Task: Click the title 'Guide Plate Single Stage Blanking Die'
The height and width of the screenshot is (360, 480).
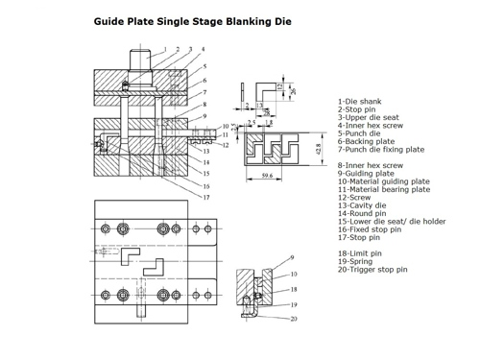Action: pyautogui.click(x=192, y=22)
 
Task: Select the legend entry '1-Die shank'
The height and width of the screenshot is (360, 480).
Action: pyautogui.click(x=359, y=102)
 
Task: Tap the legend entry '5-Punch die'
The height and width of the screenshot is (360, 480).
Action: pyautogui.click(x=359, y=133)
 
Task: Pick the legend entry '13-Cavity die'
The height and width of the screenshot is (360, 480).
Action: pyautogui.click(x=362, y=205)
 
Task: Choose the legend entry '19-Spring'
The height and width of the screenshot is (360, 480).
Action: pyautogui.click(x=355, y=261)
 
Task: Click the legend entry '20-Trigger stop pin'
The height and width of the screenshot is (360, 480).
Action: pyautogui.click(x=372, y=270)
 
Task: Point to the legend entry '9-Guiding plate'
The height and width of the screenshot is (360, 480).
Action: pyautogui.click(x=366, y=174)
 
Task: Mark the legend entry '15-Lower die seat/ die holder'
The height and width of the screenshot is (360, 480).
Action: pyautogui.click(x=392, y=222)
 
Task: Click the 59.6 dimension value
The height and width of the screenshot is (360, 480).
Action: pyautogui.click(x=267, y=176)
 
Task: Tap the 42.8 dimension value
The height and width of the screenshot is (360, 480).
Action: pyautogui.click(x=318, y=149)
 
